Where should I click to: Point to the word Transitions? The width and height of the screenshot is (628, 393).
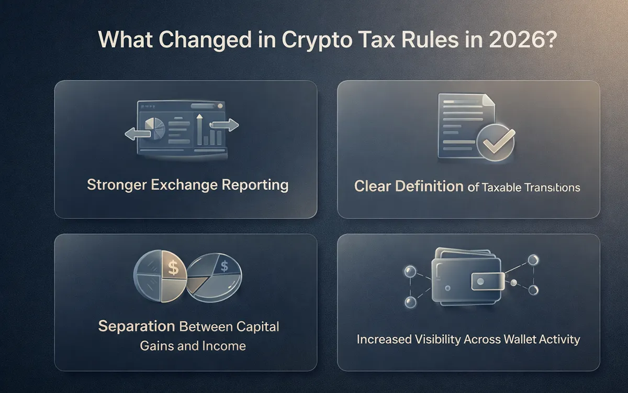[555, 187]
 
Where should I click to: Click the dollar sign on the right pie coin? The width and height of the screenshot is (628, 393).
[224, 267]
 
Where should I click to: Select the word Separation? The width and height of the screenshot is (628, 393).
[137, 326]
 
